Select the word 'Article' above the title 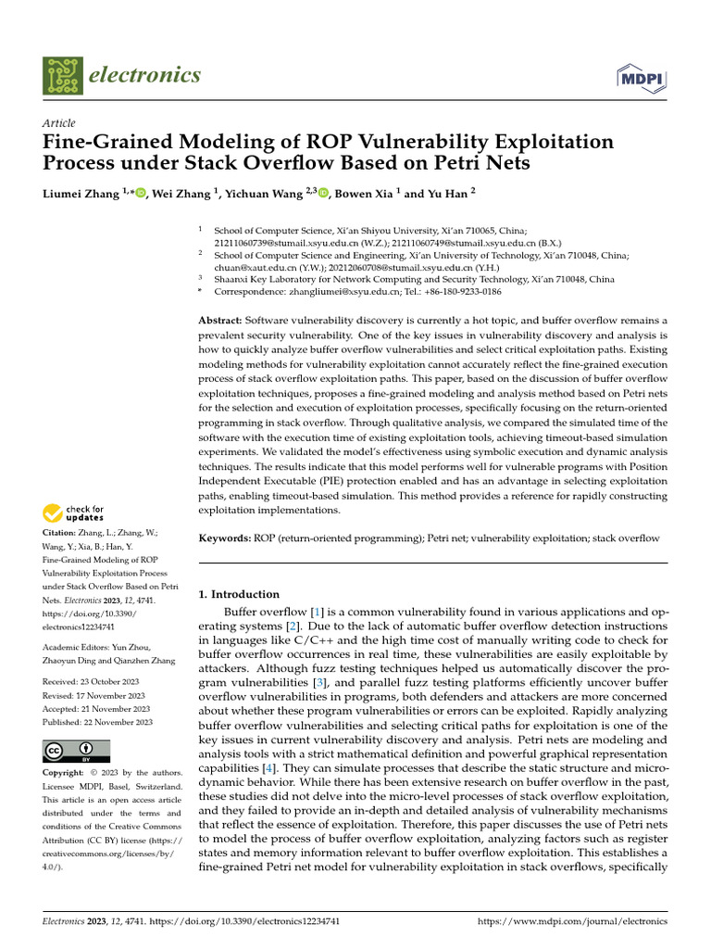pos(58,123)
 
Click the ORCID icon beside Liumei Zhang pos(139,193)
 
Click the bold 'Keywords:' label pos(225,538)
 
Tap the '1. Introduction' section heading pos(240,594)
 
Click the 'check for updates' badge pos(74,512)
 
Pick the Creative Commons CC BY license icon pos(76,751)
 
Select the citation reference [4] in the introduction pos(268,768)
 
